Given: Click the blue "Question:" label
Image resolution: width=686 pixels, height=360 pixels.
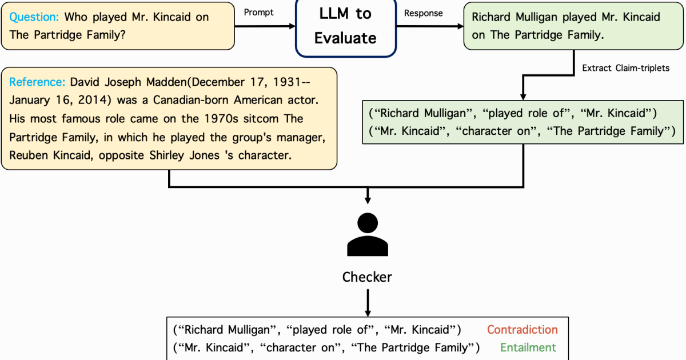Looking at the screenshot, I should coord(34,17).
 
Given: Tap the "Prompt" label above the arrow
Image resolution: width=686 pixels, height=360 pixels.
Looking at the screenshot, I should coord(258,12).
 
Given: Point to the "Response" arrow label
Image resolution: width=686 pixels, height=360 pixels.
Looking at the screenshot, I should coord(423,13).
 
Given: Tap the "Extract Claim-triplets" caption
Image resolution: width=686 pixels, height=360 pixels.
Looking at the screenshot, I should coord(625,68).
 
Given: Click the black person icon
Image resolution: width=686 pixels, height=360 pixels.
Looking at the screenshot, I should coord(367,235).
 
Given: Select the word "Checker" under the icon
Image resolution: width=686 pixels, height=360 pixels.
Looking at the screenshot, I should coord(367,277).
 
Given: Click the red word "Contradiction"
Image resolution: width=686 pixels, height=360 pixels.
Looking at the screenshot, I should coord(522,330).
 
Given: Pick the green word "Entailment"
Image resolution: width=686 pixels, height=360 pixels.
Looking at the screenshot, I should coord(528,347).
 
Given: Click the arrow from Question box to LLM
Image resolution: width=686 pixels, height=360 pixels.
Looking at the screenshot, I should coord(265,25).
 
